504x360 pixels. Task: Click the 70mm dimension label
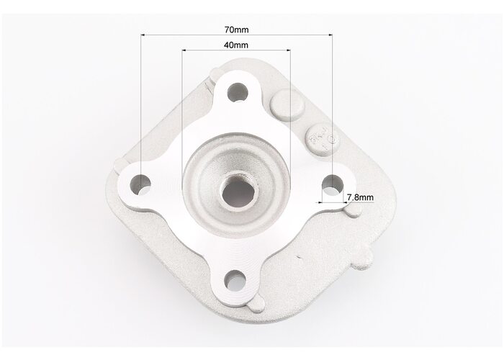[x=236, y=30]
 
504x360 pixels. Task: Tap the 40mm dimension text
[x=236, y=45]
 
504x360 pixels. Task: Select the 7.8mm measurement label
[x=360, y=197]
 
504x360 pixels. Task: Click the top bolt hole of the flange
[x=238, y=92]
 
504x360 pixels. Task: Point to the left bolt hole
[x=140, y=185]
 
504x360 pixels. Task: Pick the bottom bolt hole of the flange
[x=235, y=279]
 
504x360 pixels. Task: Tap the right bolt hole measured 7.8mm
[x=333, y=185]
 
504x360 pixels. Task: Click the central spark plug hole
[x=239, y=192]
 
